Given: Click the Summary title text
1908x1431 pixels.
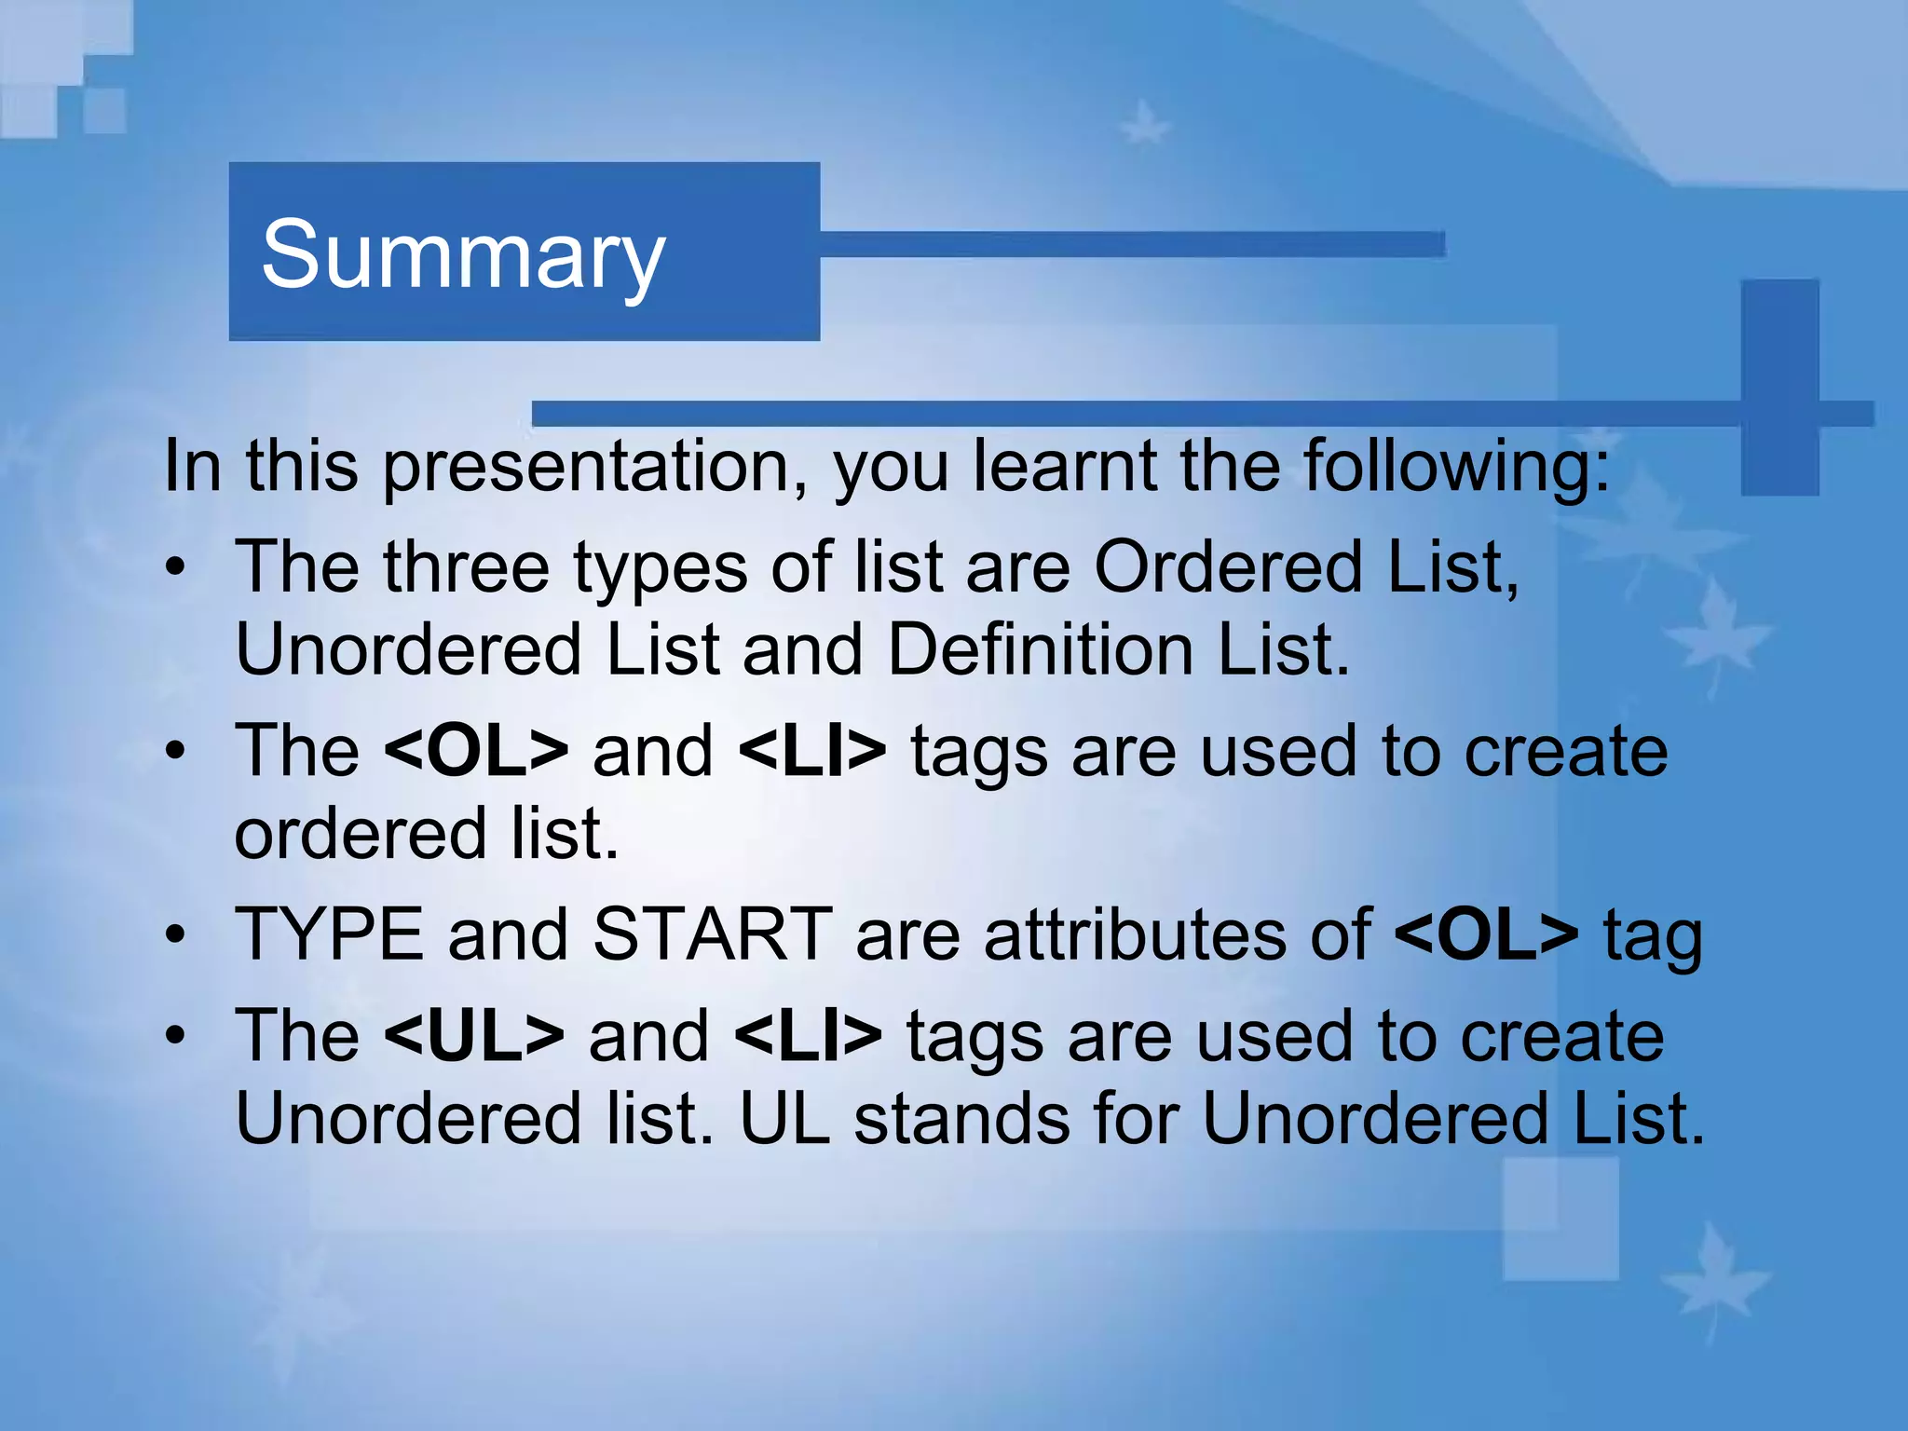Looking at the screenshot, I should (463, 254).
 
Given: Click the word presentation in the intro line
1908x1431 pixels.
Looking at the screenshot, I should (594, 466).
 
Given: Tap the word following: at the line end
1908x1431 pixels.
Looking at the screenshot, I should (1455, 466).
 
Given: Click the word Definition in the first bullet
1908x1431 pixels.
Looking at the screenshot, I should (1040, 649).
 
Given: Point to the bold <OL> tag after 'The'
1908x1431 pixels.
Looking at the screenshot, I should (475, 751).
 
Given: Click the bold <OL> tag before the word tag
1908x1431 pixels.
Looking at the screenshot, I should (1486, 934).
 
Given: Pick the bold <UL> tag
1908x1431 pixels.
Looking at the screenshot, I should (473, 1036).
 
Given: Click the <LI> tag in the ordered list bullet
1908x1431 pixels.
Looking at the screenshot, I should (811, 751).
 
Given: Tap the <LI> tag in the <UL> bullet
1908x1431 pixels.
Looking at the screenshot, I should (808, 1036).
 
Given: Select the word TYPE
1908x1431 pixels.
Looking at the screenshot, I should (329, 934).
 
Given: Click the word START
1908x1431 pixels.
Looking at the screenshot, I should (713, 934).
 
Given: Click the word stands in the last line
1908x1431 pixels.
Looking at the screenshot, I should (961, 1119).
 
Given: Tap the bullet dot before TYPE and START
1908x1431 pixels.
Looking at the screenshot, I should (176, 935).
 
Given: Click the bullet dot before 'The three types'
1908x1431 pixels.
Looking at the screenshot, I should (176, 567).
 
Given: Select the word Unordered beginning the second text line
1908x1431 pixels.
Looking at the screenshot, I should (408, 649).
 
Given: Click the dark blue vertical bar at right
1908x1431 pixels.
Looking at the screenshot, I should (1779, 387).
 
